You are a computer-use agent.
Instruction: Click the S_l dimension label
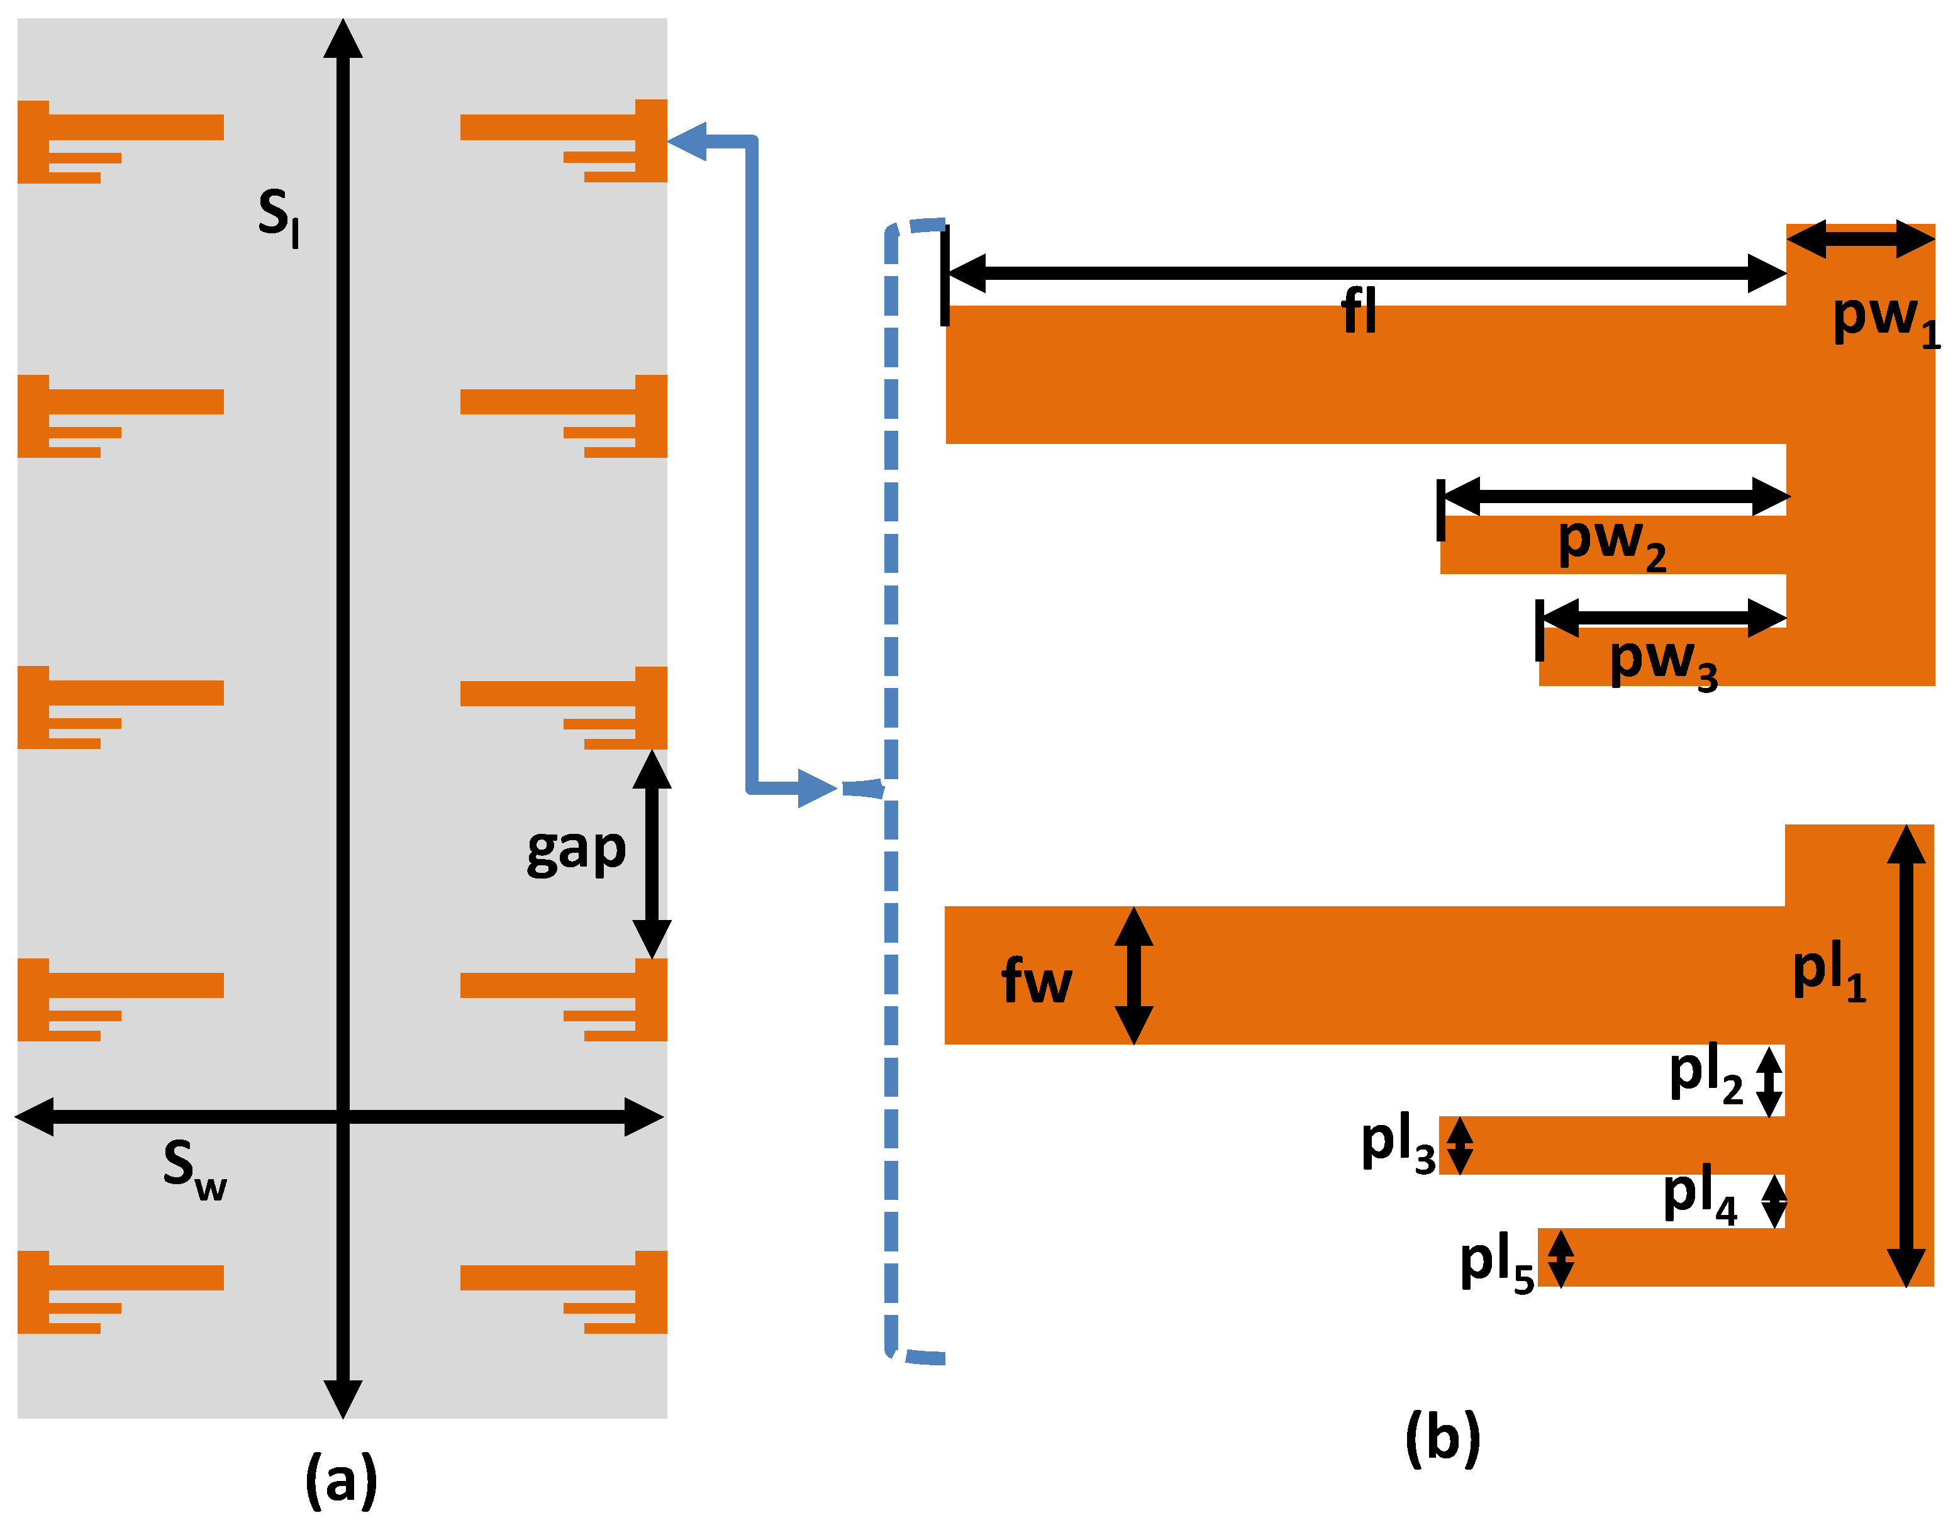pyautogui.click(x=278, y=217)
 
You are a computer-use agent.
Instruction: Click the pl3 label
pyautogui.click(x=1398, y=1144)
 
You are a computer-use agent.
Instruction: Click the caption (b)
pyautogui.click(x=1442, y=1436)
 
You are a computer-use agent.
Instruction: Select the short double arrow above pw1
pyautogui.click(x=1860, y=239)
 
